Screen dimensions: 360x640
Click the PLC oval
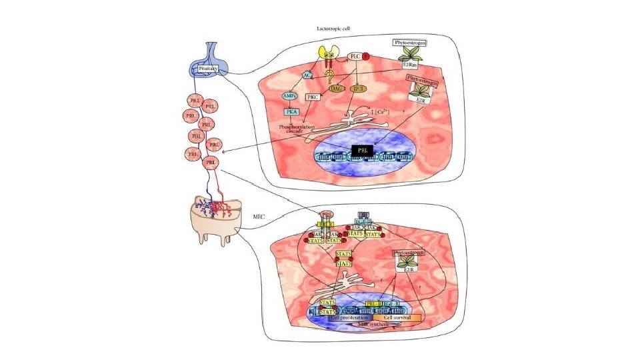[356, 57]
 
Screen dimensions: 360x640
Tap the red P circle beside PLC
[365, 57]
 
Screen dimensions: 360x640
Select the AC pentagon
[307, 76]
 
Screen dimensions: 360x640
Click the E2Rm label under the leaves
[408, 65]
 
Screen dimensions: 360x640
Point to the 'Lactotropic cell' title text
[334, 29]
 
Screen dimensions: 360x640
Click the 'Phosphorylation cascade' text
[287, 129]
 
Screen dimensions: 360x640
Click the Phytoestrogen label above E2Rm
[409, 43]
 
